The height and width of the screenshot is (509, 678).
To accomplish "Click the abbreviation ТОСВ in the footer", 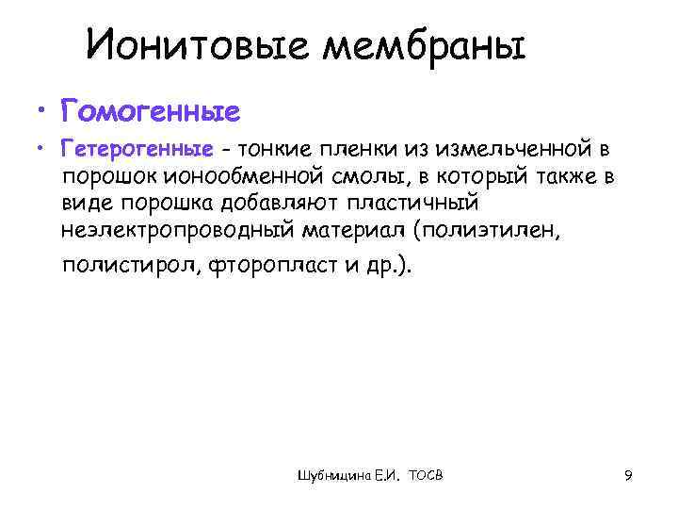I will pos(427,478).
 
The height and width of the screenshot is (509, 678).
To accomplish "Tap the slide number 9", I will pos(627,477).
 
